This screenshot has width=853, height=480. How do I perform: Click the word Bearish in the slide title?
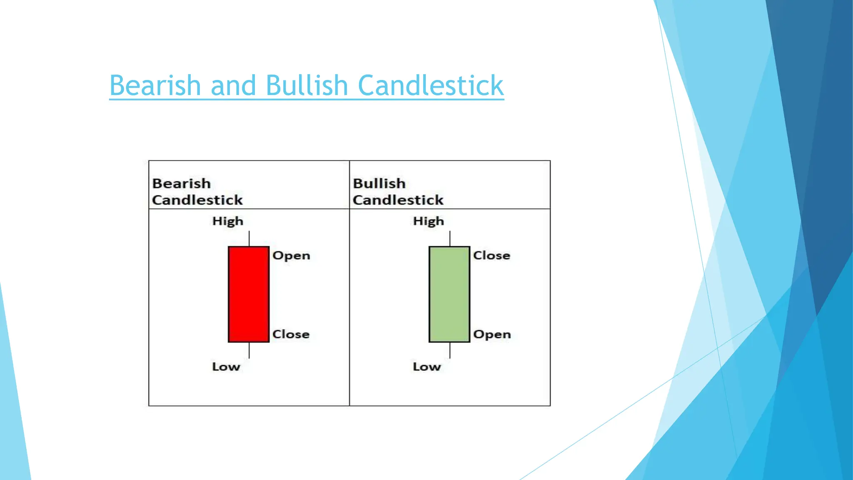tap(155, 85)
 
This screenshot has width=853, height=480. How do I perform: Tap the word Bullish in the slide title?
tap(307, 85)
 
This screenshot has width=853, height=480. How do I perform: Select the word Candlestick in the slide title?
tap(431, 85)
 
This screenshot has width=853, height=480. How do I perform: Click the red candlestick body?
tap(249, 294)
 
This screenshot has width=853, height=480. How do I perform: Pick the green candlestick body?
tap(449, 294)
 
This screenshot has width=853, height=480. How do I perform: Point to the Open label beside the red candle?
tap(291, 255)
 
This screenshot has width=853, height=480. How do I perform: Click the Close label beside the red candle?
tap(291, 334)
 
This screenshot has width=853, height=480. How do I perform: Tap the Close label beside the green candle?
tap(491, 255)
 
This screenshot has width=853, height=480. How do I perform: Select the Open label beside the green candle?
tap(492, 334)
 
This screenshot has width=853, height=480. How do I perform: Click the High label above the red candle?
tap(228, 221)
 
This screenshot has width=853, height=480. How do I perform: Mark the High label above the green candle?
tap(429, 221)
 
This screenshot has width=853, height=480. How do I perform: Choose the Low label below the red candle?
tap(226, 367)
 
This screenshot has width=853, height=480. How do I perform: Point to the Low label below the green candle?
tap(427, 367)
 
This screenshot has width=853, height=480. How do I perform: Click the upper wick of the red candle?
tap(249, 239)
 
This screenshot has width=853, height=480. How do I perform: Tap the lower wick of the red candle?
tap(249, 350)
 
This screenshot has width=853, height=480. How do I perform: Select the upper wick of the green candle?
tap(450, 239)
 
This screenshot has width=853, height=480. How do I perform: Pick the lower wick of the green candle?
tap(450, 350)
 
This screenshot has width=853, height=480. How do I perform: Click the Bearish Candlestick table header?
tap(197, 192)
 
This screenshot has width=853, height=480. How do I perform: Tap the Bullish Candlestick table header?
tap(398, 192)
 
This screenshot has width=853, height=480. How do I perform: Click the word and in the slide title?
tap(233, 85)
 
